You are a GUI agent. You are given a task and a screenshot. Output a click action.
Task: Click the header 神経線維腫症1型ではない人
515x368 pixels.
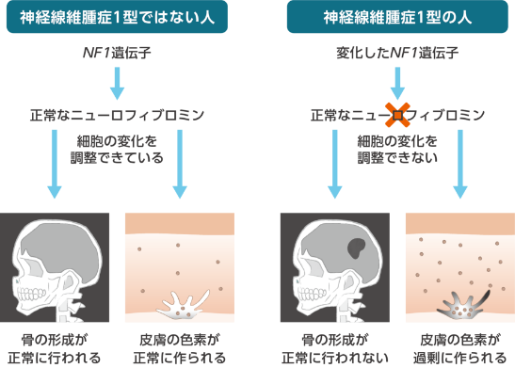117,17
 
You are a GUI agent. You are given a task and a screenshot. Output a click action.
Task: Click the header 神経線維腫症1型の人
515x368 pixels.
397,17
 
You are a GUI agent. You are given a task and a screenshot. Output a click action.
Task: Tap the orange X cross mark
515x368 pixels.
397,115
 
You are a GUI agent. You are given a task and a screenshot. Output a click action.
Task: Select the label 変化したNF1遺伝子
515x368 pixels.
397,53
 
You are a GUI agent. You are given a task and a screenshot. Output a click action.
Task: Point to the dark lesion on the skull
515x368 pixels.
356,248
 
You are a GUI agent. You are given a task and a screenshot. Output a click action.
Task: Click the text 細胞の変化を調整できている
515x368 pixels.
117,150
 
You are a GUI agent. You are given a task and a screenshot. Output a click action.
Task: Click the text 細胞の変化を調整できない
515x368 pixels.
397,150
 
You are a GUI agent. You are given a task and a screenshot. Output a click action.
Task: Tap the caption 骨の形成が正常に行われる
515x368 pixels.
55,349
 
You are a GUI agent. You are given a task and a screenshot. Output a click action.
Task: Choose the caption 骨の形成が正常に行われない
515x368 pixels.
335,349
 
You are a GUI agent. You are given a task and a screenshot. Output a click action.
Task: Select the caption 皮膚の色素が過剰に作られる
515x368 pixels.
459,349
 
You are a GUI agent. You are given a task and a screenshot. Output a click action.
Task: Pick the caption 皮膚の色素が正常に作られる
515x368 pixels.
180,349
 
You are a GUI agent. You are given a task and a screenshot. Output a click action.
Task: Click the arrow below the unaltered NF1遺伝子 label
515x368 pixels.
117,84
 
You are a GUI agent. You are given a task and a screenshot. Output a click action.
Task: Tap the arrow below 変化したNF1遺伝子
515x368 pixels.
397,84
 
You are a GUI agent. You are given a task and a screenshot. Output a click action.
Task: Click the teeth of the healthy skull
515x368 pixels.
32,294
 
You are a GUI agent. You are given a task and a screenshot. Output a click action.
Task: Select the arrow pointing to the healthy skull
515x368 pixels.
55,164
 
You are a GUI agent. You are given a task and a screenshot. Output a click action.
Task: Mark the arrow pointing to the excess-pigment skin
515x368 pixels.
460,164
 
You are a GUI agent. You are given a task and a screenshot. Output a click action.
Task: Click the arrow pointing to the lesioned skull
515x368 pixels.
335,164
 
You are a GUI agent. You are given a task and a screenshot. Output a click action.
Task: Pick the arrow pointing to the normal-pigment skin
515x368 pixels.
180,164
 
